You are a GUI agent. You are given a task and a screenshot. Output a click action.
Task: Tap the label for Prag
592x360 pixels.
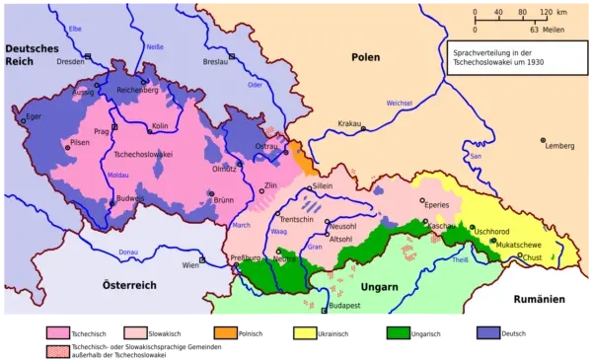100,130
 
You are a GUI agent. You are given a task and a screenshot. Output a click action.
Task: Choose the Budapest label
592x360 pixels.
342,306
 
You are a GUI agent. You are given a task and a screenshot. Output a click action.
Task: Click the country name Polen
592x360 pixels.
365,57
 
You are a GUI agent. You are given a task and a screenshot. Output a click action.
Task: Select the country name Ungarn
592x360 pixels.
377,286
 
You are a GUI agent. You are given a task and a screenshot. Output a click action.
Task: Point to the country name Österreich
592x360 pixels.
130,285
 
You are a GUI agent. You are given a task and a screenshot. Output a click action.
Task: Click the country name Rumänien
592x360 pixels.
537,299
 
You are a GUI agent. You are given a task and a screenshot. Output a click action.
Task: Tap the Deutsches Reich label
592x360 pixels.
32,55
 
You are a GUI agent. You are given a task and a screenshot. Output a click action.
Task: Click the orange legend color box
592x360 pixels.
225,333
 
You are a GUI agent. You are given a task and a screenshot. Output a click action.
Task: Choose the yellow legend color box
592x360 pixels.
304,333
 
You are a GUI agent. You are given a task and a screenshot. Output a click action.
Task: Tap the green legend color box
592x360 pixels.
400,333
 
